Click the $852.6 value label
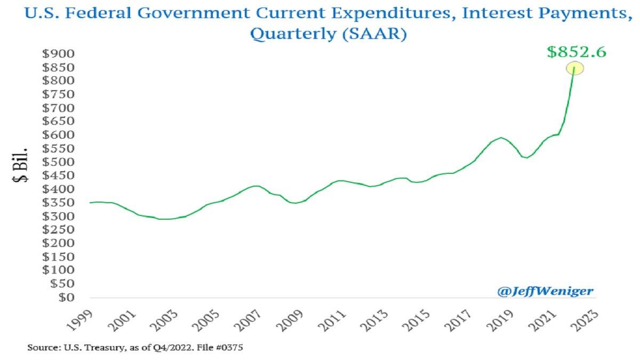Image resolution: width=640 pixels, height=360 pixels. (x=577, y=52)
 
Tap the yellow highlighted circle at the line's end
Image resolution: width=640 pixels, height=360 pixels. (x=574, y=68)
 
